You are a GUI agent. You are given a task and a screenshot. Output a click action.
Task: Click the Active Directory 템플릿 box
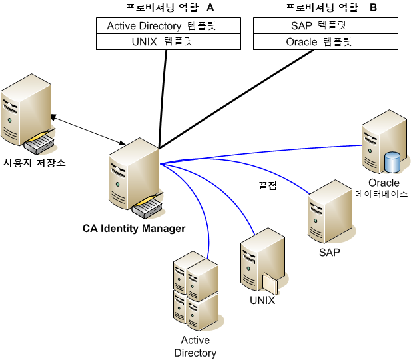[x=167, y=26]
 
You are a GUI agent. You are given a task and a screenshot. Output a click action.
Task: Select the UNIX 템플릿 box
[x=167, y=41]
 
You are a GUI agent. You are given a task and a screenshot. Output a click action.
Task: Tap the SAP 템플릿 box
[x=326, y=26]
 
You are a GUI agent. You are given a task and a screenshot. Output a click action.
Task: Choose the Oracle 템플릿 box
[x=326, y=41]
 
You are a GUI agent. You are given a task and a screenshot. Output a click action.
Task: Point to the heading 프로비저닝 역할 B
[x=331, y=8]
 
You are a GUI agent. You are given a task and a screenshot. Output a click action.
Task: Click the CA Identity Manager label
[x=134, y=229]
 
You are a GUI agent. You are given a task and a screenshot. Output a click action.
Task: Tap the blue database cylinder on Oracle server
[x=393, y=162]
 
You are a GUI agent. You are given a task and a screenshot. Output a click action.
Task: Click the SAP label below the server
[x=329, y=253]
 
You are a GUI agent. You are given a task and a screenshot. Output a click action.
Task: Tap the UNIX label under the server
[x=262, y=300]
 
